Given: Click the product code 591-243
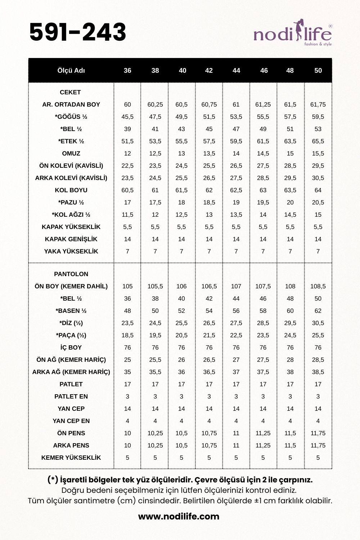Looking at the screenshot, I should [x=78, y=32].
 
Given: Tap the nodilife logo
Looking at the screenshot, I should [x=293, y=35].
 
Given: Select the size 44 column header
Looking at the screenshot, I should [x=236, y=71].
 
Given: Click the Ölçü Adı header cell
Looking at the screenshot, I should [x=71, y=71].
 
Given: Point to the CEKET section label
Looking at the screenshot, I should [x=70, y=92].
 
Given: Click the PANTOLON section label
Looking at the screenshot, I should [x=71, y=274].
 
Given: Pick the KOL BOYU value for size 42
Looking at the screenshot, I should [x=209, y=190].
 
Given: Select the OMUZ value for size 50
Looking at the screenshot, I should [x=318, y=153].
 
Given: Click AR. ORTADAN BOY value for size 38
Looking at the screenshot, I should [x=155, y=104].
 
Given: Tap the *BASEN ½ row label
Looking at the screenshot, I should [x=71, y=311].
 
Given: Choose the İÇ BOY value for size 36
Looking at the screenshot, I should [x=127, y=347].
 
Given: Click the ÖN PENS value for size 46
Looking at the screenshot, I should [x=263, y=433].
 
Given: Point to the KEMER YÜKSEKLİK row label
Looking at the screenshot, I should [x=71, y=458].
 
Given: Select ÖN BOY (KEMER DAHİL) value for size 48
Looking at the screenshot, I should [x=290, y=286].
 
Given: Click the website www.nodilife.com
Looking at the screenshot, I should [x=179, y=517].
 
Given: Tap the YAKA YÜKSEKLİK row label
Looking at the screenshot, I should [x=71, y=251].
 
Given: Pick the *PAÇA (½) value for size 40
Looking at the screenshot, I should [x=181, y=335].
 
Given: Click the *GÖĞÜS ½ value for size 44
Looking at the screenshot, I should [x=236, y=117].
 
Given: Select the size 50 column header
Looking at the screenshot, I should [x=318, y=71].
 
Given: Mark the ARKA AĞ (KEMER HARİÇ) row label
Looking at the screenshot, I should [x=71, y=372].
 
